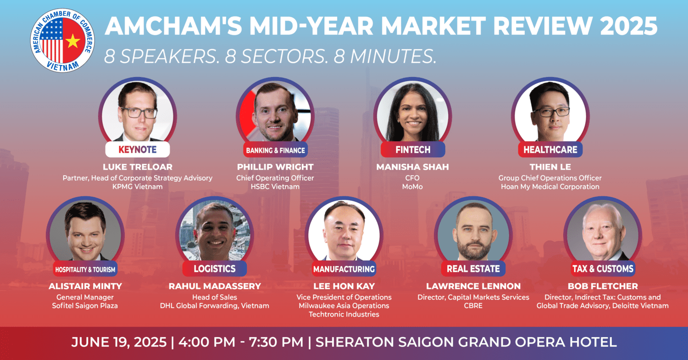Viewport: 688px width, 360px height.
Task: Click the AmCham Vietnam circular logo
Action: point(62,40)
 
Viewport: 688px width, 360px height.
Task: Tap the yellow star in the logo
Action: point(73,41)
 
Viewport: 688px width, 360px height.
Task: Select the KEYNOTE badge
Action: point(137,150)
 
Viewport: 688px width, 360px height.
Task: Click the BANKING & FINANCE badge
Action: point(275,150)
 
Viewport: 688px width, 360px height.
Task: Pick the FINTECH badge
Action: point(413,150)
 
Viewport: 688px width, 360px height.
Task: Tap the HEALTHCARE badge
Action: point(550,150)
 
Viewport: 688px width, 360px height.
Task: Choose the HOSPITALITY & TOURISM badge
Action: point(85,269)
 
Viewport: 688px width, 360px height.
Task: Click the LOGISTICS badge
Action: point(214,269)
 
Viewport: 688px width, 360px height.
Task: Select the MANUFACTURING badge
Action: point(344,269)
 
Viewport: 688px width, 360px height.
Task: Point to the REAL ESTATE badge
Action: point(473,269)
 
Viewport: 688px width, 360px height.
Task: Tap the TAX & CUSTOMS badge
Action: point(603,269)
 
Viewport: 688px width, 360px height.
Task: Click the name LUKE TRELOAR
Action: point(137,167)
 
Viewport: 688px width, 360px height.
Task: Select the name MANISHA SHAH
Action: point(412,167)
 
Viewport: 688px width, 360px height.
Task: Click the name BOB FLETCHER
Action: point(603,286)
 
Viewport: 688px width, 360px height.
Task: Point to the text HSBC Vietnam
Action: point(275,187)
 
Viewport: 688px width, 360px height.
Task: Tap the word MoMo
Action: point(412,187)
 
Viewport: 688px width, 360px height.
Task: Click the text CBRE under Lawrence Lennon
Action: point(473,305)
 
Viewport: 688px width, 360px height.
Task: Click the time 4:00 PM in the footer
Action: point(207,342)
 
